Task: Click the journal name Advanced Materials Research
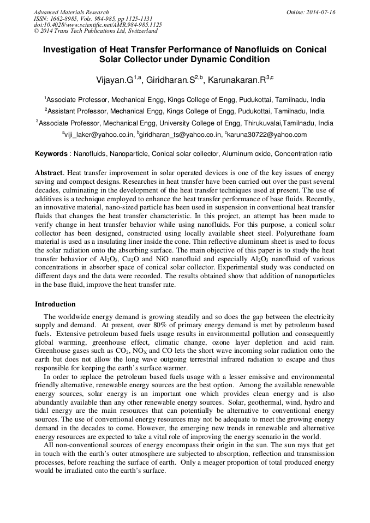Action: [x=71, y=12]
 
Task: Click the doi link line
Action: [x=98, y=25]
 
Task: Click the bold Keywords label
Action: [x=52, y=154]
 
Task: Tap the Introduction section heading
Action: [x=55, y=304]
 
